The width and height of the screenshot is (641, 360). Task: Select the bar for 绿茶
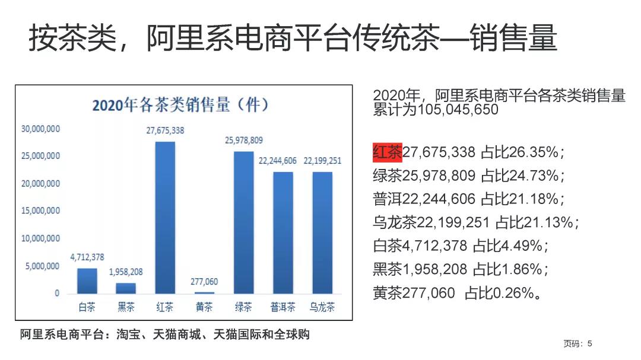(244, 222)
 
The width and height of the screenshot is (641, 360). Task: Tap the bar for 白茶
(87, 281)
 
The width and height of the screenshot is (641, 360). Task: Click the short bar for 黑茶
(126, 288)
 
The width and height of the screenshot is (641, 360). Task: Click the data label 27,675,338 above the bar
(165, 130)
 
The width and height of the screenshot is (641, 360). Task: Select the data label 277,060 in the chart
(204, 282)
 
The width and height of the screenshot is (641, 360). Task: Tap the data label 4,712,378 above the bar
(87, 257)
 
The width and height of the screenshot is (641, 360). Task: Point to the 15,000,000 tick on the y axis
(40, 211)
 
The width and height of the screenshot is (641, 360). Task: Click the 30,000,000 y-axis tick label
(40, 129)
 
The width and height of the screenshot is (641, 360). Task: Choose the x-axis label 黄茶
(204, 307)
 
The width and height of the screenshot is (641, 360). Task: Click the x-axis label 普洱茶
(283, 307)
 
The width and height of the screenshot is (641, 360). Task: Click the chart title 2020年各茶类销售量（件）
(180, 106)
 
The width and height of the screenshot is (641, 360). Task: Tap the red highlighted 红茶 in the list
(387, 152)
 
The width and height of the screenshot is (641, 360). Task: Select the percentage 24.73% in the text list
(535, 176)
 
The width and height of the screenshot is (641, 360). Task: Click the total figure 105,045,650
(458, 110)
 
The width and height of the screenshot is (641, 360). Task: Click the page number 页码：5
(577, 343)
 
